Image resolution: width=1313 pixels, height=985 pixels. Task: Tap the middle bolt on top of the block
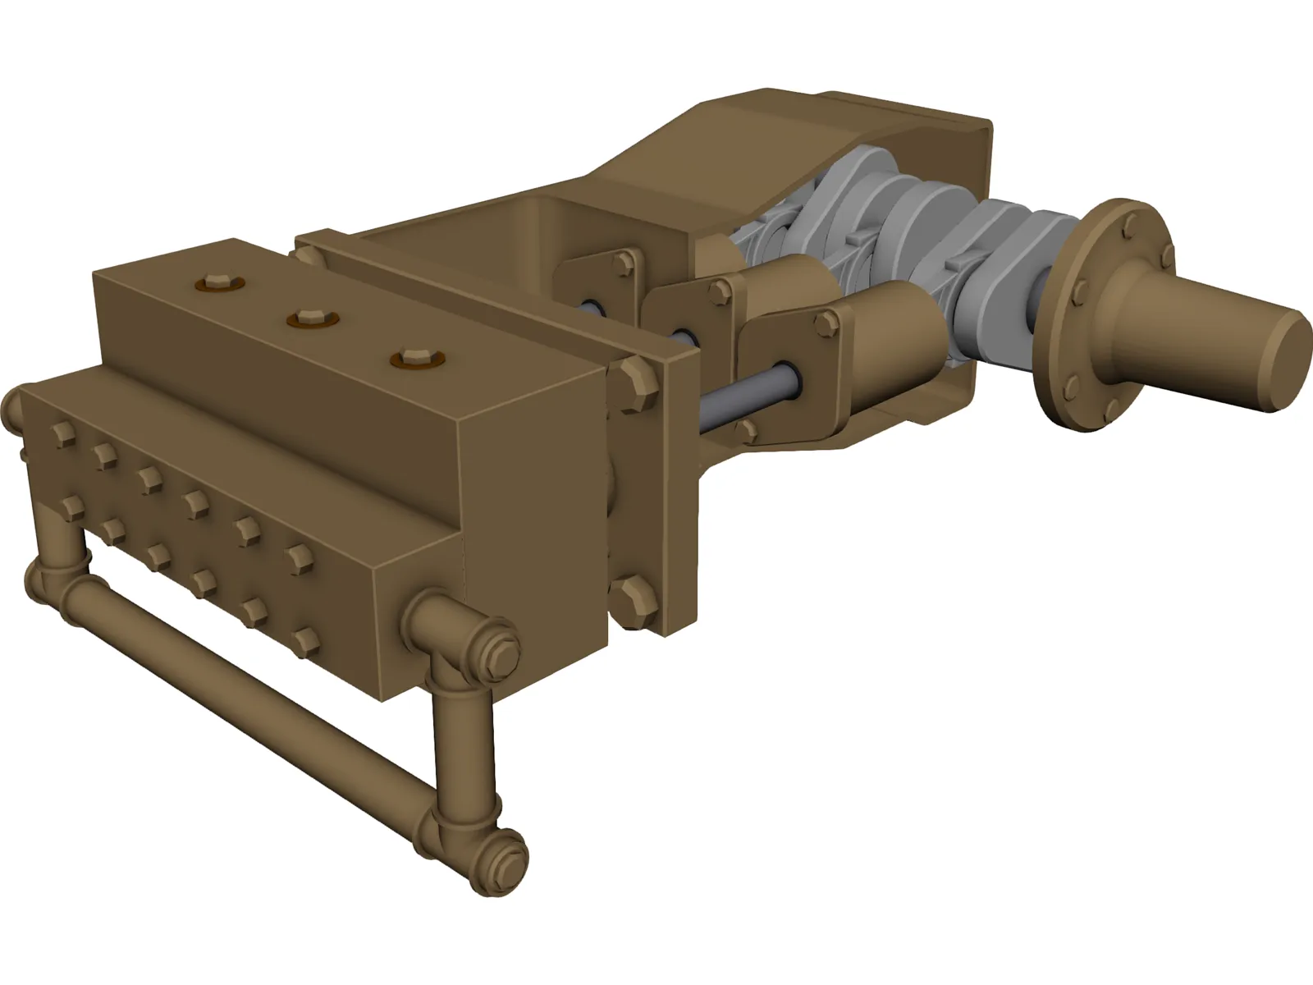309,318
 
